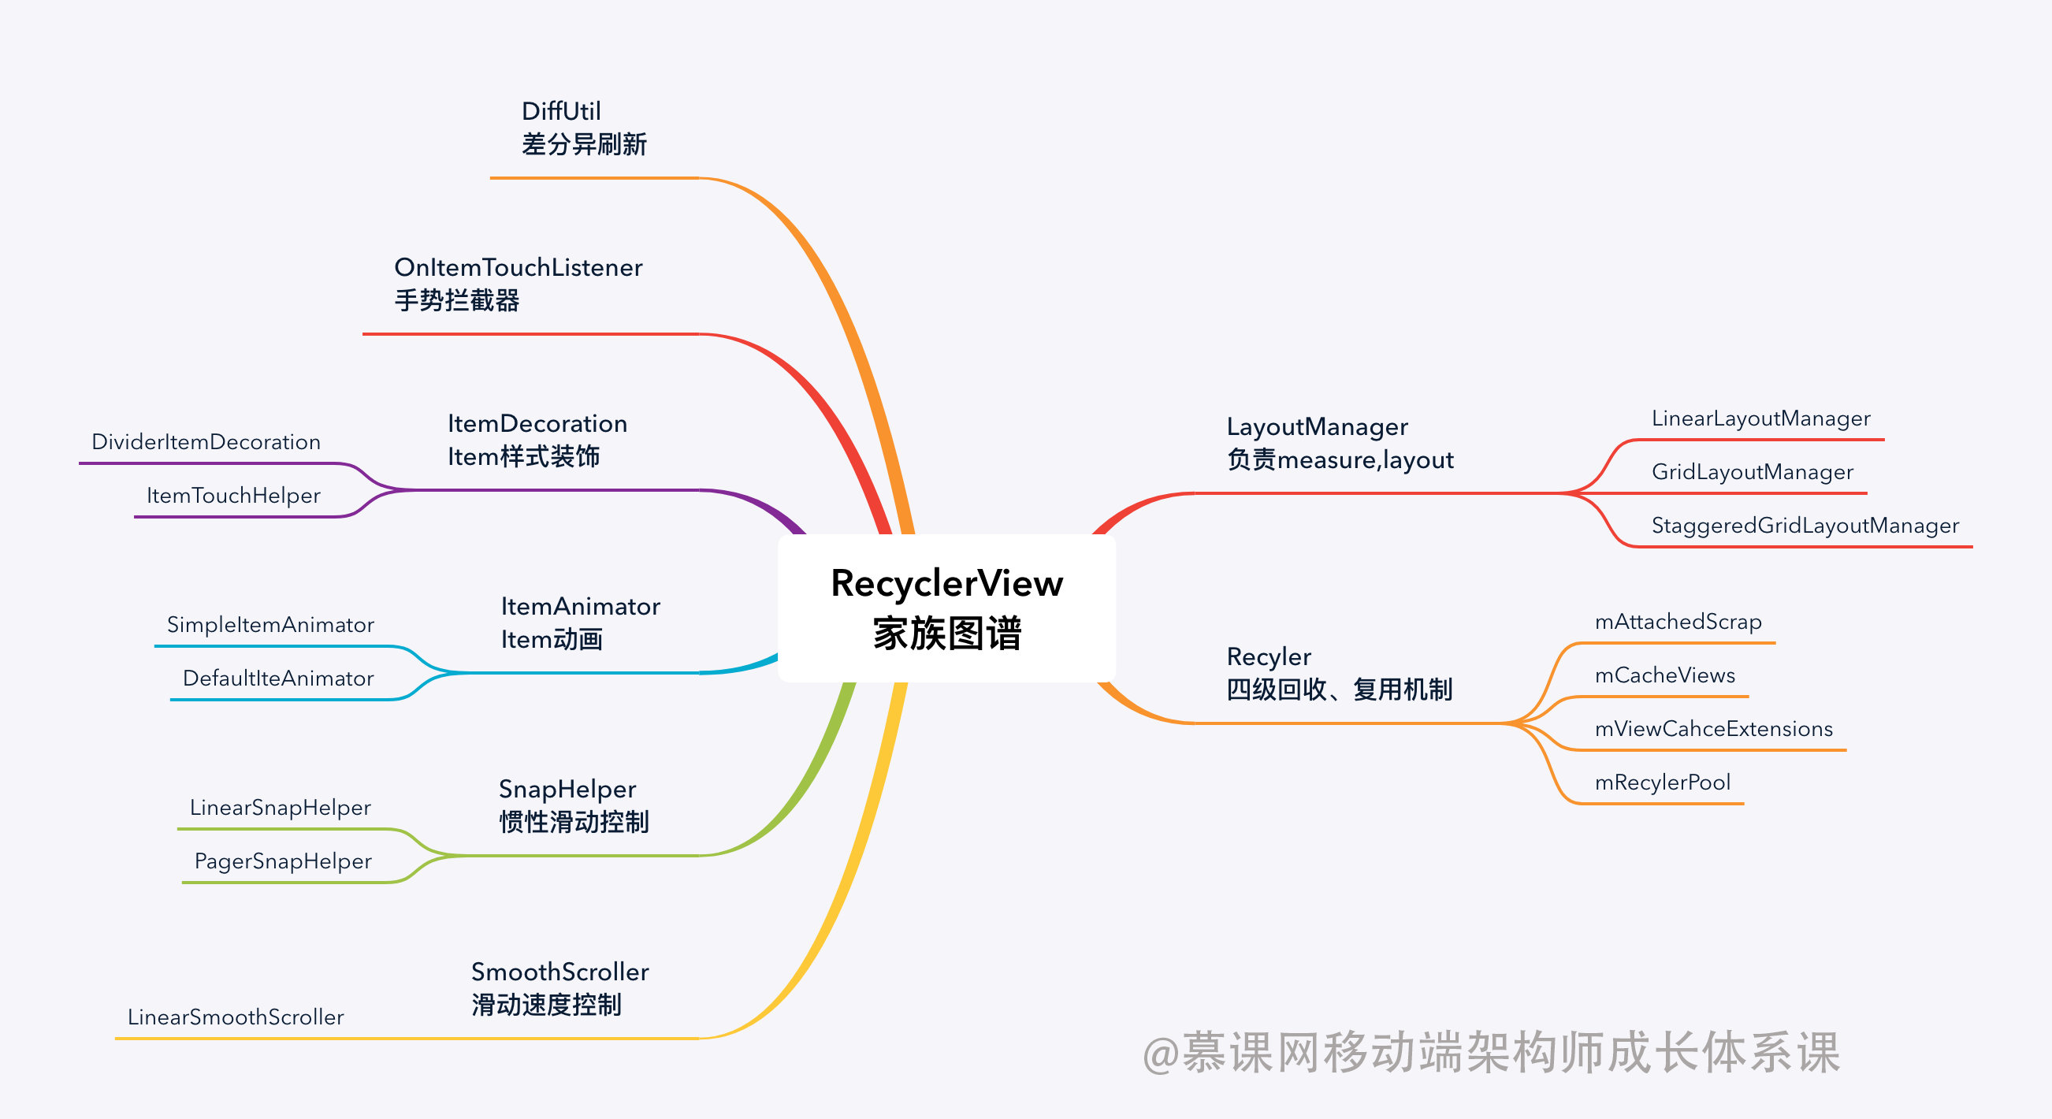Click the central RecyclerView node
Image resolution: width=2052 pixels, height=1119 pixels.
(x=946, y=608)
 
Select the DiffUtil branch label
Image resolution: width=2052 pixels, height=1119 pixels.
(x=583, y=128)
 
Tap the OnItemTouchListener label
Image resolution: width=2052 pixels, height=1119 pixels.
(x=518, y=284)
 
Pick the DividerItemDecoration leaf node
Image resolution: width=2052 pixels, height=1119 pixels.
(x=206, y=442)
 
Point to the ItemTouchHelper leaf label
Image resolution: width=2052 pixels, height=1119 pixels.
(x=232, y=496)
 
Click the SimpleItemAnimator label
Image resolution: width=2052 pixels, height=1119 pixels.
(x=270, y=624)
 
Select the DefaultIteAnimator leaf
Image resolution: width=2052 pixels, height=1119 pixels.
(x=278, y=678)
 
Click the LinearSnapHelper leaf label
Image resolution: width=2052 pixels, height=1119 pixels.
(x=280, y=808)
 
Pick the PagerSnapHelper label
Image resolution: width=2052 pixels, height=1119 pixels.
(x=283, y=861)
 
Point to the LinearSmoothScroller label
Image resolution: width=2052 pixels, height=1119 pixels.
(x=235, y=1017)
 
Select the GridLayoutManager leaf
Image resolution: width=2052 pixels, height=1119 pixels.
(x=1752, y=471)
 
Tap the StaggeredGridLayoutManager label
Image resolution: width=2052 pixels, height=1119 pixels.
(x=1805, y=526)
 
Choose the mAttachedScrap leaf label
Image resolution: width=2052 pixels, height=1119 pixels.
(x=1678, y=622)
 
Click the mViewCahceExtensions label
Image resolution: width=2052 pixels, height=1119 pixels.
(x=1712, y=729)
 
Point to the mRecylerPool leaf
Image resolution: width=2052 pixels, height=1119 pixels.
(x=1662, y=782)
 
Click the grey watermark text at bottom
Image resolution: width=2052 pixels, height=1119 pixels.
(x=1490, y=1052)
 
